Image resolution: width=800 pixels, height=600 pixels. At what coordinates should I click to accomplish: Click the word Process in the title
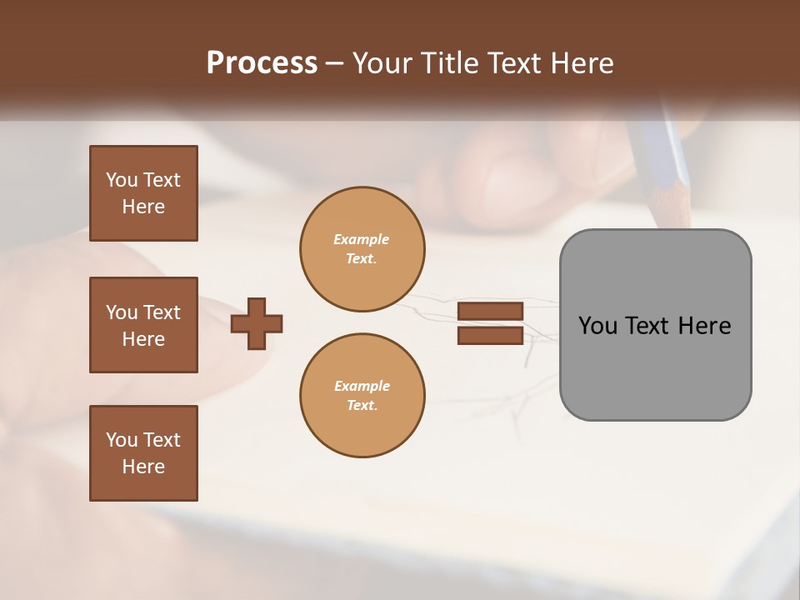[x=262, y=63]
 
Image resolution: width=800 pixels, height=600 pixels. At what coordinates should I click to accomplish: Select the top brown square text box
[x=143, y=193]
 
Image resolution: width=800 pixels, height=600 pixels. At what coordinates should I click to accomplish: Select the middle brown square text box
[x=143, y=325]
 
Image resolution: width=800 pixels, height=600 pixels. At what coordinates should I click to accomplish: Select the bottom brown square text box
[x=143, y=453]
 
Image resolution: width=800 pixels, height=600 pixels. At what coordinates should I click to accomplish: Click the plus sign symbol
[x=257, y=323]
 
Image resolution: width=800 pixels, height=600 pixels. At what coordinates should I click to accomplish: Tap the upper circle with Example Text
[x=362, y=249]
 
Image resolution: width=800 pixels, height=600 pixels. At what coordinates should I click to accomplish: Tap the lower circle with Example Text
[x=362, y=396]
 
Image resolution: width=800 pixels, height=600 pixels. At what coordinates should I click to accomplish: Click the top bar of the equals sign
[x=491, y=312]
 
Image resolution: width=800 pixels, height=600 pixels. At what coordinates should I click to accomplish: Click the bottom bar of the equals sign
[x=491, y=335]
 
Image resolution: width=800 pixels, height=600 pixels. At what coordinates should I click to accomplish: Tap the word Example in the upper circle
[x=362, y=239]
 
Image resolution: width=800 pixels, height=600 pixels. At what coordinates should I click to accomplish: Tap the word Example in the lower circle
[x=362, y=386]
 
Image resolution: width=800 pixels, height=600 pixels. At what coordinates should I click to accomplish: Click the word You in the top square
[x=122, y=180]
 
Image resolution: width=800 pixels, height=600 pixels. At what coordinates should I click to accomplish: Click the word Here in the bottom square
[x=143, y=467]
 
